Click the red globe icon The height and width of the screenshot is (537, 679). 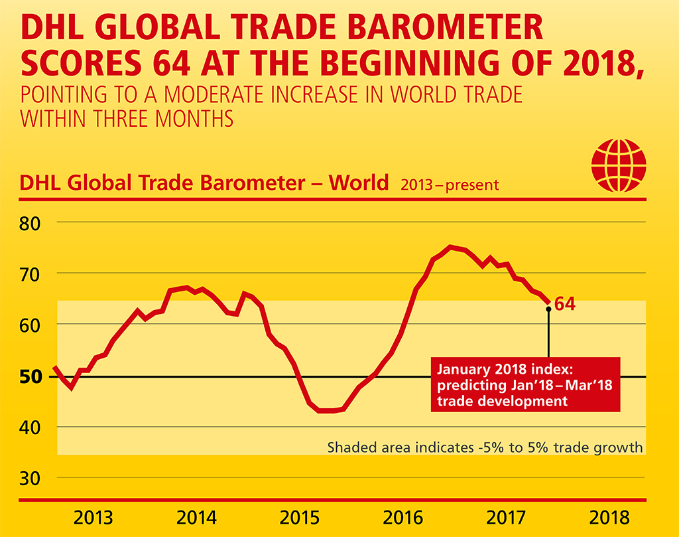(x=618, y=165)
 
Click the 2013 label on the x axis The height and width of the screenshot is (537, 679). (x=93, y=518)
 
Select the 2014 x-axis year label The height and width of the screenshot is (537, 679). (x=196, y=518)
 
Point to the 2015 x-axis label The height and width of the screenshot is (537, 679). (x=300, y=518)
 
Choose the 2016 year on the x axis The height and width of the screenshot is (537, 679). (x=404, y=518)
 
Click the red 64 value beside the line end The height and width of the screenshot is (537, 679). (x=564, y=305)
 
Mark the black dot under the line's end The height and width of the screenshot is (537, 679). (x=548, y=309)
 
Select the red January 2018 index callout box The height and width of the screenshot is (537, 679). (x=525, y=384)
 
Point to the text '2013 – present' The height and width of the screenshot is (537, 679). (x=449, y=184)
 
